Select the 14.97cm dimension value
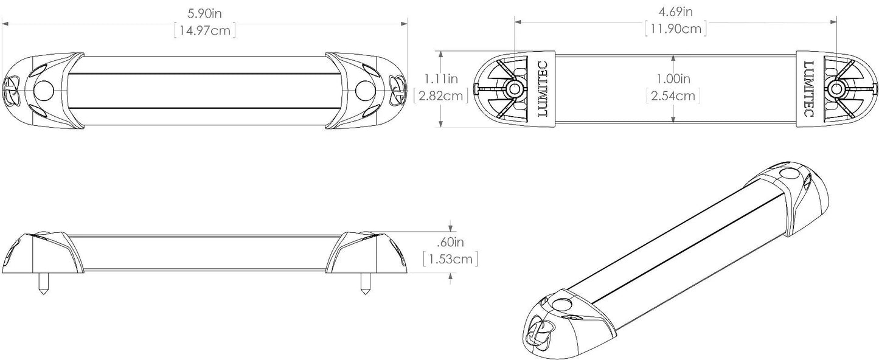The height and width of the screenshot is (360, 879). [204, 30]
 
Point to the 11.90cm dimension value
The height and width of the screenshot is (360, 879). [675, 28]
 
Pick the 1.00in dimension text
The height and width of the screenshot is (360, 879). [673, 78]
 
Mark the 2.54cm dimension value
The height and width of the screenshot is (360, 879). [673, 96]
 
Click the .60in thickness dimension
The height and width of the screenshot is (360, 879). [450, 241]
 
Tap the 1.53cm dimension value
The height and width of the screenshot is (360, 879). [450, 260]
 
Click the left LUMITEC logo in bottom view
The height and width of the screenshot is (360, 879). [543, 89]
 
